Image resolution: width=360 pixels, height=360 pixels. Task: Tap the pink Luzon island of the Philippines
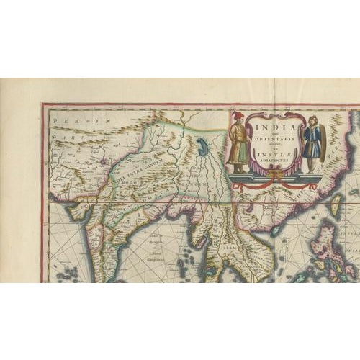pyautogui.click(x=330, y=242)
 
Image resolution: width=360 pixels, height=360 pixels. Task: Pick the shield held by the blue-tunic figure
pyautogui.click(x=322, y=141)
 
